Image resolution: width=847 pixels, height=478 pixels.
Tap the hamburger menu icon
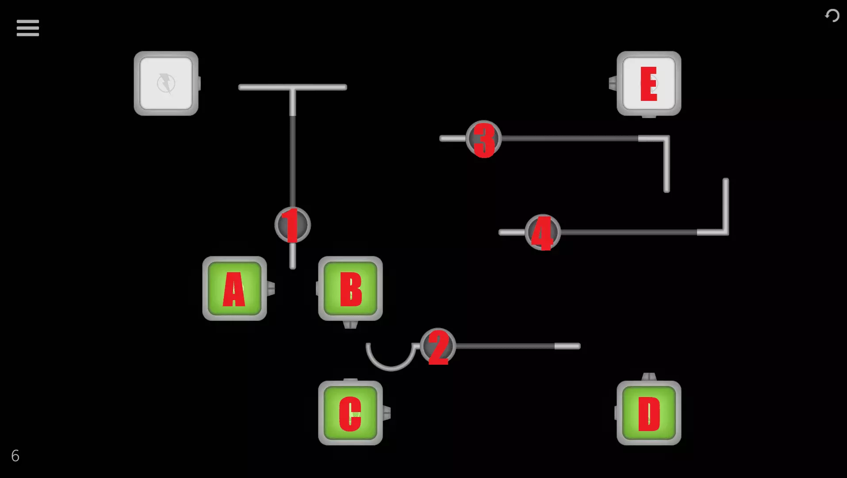click(x=28, y=28)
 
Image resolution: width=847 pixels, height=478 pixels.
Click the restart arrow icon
click(x=832, y=15)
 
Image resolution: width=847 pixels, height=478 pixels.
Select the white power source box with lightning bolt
click(x=166, y=83)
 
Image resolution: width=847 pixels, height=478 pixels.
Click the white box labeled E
click(x=649, y=83)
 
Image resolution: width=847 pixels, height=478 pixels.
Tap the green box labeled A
click(x=234, y=289)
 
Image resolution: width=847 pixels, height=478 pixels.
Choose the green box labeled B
click(x=350, y=289)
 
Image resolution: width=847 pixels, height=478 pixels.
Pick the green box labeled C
click(x=350, y=413)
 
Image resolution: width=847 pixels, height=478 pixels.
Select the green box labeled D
click(x=649, y=413)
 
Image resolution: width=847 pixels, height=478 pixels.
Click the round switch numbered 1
click(x=292, y=225)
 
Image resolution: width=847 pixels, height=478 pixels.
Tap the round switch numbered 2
click(x=438, y=346)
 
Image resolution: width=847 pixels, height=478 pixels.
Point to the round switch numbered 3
click(x=484, y=139)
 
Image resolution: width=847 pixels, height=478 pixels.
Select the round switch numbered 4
click(x=543, y=232)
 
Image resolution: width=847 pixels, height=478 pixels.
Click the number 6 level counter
click(x=15, y=456)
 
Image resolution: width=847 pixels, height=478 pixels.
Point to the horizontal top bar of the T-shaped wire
click(x=292, y=87)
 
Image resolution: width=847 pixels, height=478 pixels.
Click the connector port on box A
click(x=271, y=289)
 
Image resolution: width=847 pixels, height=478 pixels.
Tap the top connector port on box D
click(x=649, y=377)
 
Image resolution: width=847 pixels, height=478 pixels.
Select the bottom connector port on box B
click(x=350, y=325)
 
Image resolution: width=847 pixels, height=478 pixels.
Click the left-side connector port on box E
click(x=613, y=83)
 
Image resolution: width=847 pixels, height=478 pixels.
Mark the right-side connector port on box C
click(x=387, y=413)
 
